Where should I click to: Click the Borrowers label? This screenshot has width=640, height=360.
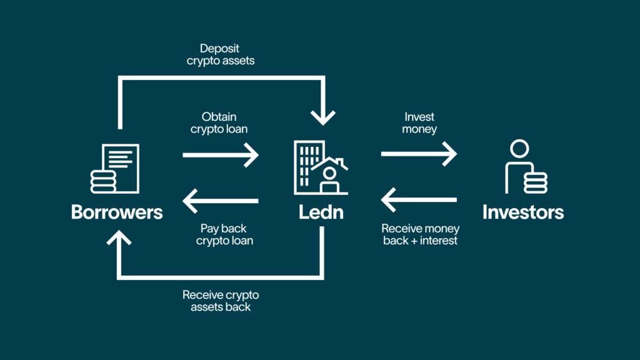(117, 212)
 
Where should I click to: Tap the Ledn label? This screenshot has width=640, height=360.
(321, 212)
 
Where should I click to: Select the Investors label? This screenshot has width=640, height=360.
(522, 212)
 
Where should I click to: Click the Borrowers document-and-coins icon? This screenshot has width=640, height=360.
(116, 167)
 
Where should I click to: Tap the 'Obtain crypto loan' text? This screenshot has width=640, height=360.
(221, 123)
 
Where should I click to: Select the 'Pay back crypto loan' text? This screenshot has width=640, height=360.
(221, 234)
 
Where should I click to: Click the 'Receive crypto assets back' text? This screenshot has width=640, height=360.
(221, 301)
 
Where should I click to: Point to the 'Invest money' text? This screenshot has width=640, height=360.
(419, 123)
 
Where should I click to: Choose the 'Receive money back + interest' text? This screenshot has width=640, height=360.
(420, 234)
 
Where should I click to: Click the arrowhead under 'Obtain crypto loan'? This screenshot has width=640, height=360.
(251, 154)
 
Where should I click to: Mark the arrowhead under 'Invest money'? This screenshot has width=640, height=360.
(450, 154)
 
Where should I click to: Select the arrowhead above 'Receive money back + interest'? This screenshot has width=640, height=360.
(389, 201)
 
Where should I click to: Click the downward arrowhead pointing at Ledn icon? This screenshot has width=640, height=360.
(322, 116)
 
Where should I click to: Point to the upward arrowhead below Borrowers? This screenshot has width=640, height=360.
(119, 237)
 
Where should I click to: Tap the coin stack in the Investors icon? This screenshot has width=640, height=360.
(536, 182)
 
